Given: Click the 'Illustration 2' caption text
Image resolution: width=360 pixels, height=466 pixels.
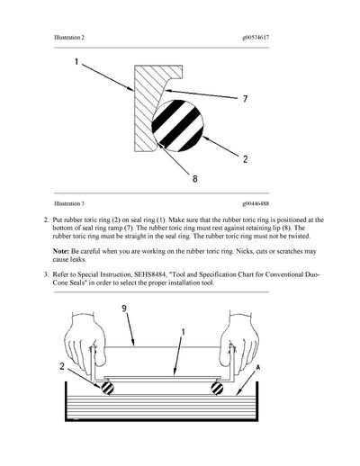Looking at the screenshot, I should point(73,37).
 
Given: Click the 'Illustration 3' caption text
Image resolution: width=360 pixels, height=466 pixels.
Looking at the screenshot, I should point(73,204).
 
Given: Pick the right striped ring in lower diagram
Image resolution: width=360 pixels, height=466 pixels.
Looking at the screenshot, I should point(216,388).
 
